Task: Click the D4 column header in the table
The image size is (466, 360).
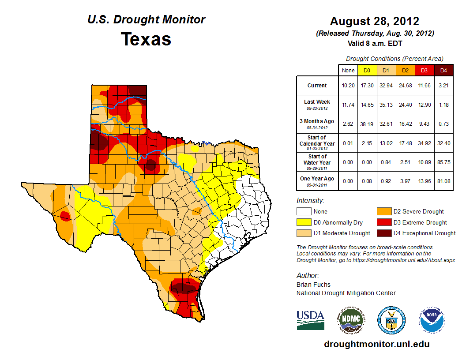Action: pyautogui.click(x=443, y=70)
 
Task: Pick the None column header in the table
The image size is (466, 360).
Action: pyautogui.click(x=348, y=70)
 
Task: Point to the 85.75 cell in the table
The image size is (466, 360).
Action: pyautogui.click(x=443, y=162)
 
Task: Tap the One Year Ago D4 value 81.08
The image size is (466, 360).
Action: pyautogui.click(x=443, y=181)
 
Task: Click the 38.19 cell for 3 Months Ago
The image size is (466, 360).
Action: pyautogui.click(x=367, y=124)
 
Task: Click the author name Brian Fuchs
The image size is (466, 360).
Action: pyautogui.click(x=313, y=285)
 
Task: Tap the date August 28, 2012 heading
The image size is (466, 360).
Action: pyautogui.click(x=375, y=21)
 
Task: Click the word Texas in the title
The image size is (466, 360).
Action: pyautogui.click(x=146, y=39)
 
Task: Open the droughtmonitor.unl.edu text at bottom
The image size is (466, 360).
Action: pyautogui.click(x=376, y=344)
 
